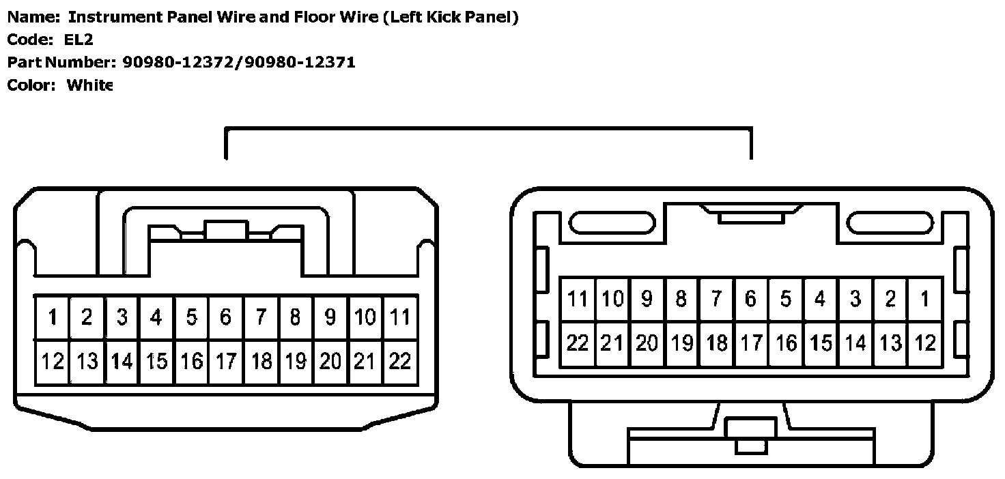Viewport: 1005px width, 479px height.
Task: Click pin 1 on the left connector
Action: click(x=52, y=317)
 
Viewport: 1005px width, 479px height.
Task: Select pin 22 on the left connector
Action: click(x=400, y=362)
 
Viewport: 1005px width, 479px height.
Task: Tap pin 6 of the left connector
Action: click(x=226, y=317)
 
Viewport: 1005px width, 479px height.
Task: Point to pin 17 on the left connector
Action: click(x=226, y=362)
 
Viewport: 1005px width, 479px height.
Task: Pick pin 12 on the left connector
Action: click(x=52, y=362)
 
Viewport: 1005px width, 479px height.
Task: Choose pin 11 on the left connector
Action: click(x=400, y=317)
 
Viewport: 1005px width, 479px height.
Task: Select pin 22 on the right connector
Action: click(x=578, y=343)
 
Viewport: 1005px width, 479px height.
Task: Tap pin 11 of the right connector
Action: click(x=578, y=299)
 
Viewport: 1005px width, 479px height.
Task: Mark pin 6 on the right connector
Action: click(x=751, y=299)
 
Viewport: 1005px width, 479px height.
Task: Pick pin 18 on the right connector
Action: click(x=716, y=343)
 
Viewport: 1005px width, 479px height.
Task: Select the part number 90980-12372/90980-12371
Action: click(x=239, y=62)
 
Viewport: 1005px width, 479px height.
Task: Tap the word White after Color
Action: click(x=89, y=85)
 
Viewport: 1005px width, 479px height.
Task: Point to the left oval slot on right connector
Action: click(x=612, y=223)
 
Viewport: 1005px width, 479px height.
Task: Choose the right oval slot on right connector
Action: click(x=890, y=223)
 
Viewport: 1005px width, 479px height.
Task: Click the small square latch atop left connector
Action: click(x=226, y=231)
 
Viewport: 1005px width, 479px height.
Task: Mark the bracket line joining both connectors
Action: click(x=488, y=128)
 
